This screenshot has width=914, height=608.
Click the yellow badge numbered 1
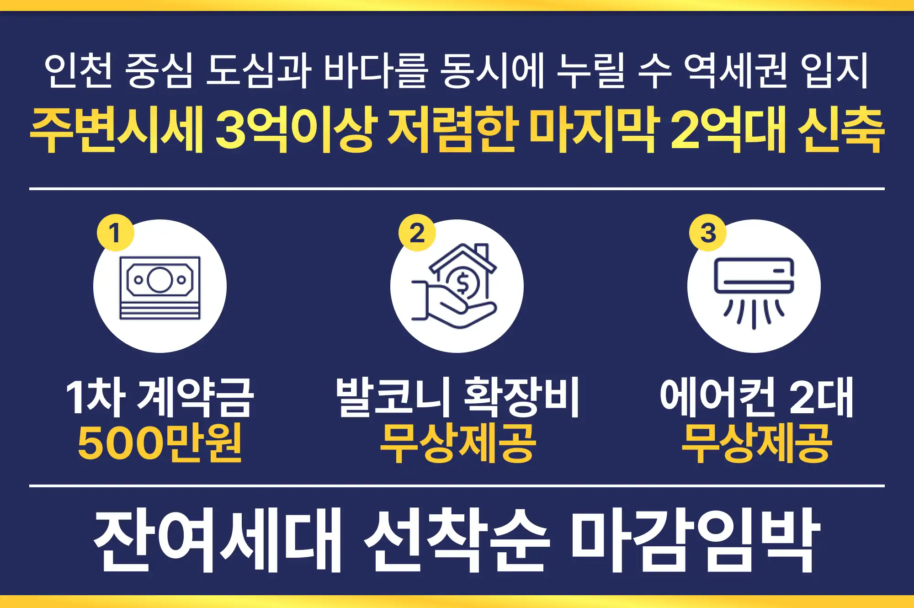coord(115,232)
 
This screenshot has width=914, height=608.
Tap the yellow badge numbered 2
coord(417,232)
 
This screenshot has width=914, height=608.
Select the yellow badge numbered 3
coord(707,232)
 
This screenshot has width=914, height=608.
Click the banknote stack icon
coord(160,288)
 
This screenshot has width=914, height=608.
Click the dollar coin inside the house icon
coord(462,283)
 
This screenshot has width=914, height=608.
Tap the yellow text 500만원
coord(159,443)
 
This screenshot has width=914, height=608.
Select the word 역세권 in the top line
coord(735,70)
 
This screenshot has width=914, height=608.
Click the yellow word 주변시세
coord(117,130)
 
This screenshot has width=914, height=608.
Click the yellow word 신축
coord(841,130)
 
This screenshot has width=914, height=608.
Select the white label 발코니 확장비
coord(457,397)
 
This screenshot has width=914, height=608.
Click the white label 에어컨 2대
coord(756,397)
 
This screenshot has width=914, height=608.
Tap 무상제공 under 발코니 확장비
coord(457,443)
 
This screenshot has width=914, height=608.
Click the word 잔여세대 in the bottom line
coord(218,539)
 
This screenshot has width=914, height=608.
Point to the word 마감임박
coord(695,539)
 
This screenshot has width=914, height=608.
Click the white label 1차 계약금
coord(159,397)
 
